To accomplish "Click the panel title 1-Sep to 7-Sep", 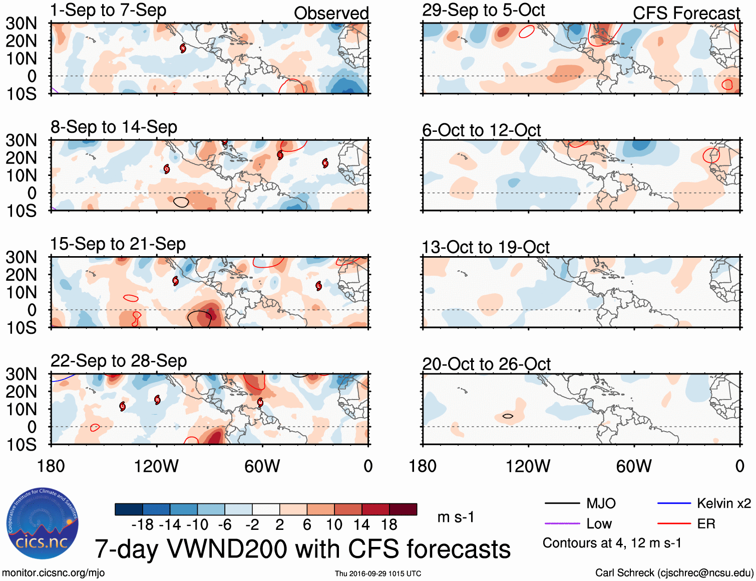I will pyautogui.click(x=108, y=11).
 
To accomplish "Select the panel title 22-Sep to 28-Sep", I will pyautogui.click(x=119, y=361).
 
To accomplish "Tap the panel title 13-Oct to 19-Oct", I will pyautogui.click(x=486, y=247).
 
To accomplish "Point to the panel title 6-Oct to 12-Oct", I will pyautogui.click(x=481, y=130).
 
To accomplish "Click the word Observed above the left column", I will pyautogui.click(x=331, y=14).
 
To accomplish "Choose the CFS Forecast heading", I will pyautogui.click(x=686, y=14).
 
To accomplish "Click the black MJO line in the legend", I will pyautogui.click(x=562, y=503).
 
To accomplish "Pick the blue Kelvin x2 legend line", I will pyautogui.click(x=674, y=503).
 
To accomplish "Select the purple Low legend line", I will pyautogui.click(x=562, y=524).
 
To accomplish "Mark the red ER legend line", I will pyautogui.click(x=674, y=524).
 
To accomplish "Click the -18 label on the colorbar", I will pyautogui.click(x=143, y=525).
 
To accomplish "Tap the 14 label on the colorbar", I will pyautogui.click(x=361, y=525).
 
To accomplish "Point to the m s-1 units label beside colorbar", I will pyautogui.click(x=456, y=517).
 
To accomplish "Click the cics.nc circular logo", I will pyautogui.click(x=42, y=523).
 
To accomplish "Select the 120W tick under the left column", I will pyautogui.click(x=156, y=466).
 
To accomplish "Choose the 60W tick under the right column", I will pyautogui.click(x=634, y=466).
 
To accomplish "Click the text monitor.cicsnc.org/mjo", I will pyautogui.click(x=53, y=573).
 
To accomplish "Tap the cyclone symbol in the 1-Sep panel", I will pyautogui.click(x=183, y=48).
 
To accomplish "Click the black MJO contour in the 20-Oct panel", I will pyautogui.click(x=508, y=416).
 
